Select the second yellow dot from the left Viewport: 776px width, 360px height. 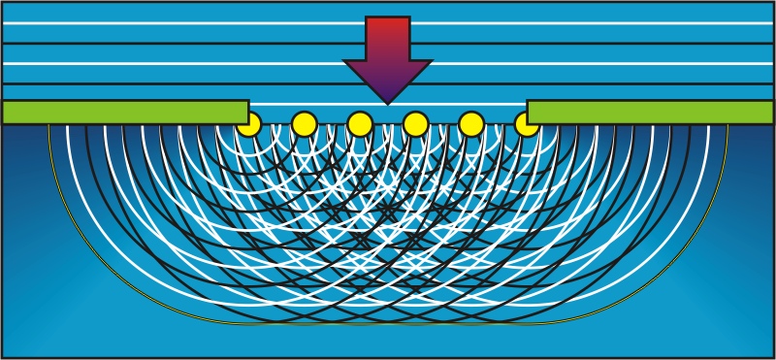click(305, 124)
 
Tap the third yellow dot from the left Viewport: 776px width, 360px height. click(360, 124)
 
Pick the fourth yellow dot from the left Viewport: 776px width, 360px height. click(416, 124)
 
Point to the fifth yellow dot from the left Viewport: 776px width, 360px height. click(471, 124)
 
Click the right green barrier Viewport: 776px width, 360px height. click(650, 112)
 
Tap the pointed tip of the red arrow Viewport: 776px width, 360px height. click(388, 102)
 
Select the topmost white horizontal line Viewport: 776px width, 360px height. click(194, 22)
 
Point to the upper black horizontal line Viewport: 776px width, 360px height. click(194, 43)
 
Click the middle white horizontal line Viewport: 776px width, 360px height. click(194, 63)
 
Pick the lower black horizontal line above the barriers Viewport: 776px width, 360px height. click(194, 83)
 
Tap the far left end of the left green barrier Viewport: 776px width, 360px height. click(6, 112)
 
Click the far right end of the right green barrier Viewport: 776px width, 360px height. click(770, 112)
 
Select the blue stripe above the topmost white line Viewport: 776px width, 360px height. click(194, 11)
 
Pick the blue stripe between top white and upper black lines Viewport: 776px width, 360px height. click(194, 33)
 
